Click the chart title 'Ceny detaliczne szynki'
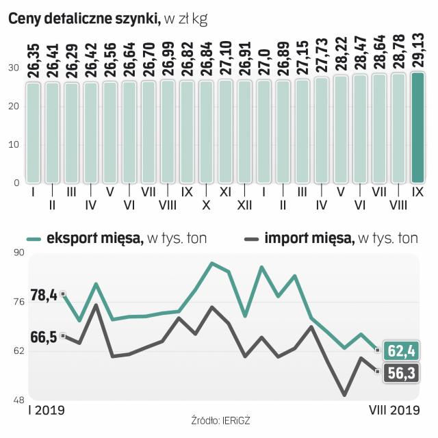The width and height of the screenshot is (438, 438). tap(83, 20)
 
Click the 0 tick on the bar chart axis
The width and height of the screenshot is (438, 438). tap(16, 183)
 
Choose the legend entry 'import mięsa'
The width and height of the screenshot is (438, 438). tap(308, 238)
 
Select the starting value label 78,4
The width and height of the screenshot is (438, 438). tap(44, 296)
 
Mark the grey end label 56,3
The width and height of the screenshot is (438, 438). tap(402, 374)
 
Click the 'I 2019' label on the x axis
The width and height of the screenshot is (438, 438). tap(46, 411)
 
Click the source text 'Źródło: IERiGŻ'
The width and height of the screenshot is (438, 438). tap(221, 420)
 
